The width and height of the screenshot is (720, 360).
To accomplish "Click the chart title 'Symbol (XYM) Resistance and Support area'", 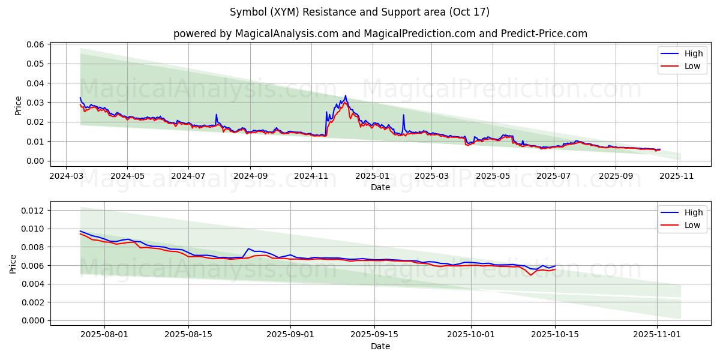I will click(x=359, y=12).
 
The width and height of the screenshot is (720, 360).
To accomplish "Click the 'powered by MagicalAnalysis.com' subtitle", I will click(x=380, y=34).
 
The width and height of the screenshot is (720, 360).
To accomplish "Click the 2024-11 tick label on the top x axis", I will click(x=311, y=177).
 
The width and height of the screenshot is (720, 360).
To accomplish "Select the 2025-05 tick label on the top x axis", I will click(x=493, y=177).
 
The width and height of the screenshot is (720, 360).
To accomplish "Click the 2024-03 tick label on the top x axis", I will click(x=65, y=177).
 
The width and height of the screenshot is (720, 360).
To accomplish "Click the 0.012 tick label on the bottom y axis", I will click(x=34, y=211).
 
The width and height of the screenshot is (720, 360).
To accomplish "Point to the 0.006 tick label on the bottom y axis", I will click(x=34, y=266).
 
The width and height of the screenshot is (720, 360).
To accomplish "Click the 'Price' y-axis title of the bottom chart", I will click(x=14, y=263).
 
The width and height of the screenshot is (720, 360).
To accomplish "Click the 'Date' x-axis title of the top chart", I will click(x=380, y=187).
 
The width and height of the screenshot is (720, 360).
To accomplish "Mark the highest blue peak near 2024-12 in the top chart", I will click(x=345, y=95).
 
